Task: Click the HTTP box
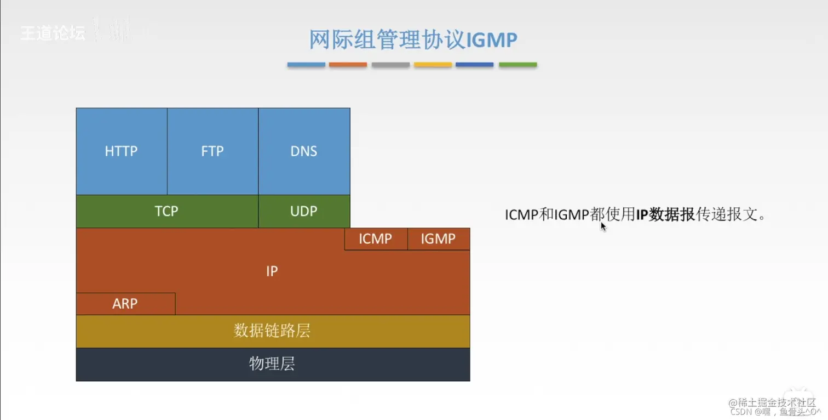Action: pyautogui.click(x=121, y=151)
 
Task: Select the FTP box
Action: pyautogui.click(x=212, y=151)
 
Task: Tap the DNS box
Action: pyautogui.click(x=304, y=151)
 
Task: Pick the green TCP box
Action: pyautogui.click(x=166, y=211)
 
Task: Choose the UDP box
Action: pyautogui.click(x=304, y=211)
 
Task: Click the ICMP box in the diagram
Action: pyautogui.click(x=376, y=239)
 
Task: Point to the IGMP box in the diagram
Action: pyautogui.click(x=439, y=239)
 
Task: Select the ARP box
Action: pyautogui.click(x=125, y=304)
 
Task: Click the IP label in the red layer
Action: pyautogui.click(x=272, y=271)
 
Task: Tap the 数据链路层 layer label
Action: pyautogui.click(x=272, y=331)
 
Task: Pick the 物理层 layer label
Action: pyautogui.click(x=272, y=364)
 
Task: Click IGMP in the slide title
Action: pyautogui.click(x=491, y=40)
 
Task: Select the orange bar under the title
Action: pyautogui.click(x=348, y=65)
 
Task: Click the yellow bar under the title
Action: pyautogui.click(x=433, y=65)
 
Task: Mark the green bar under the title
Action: pyautogui.click(x=517, y=65)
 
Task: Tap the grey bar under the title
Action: pyautogui.click(x=390, y=65)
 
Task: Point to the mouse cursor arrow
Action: pyautogui.click(x=603, y=226)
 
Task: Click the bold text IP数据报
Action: pyautogui.click(x=665, y=214)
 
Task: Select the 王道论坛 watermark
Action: pyautogui.click(x=53, y=33)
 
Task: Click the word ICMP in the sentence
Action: pyautogui.click(x=521, y=214)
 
